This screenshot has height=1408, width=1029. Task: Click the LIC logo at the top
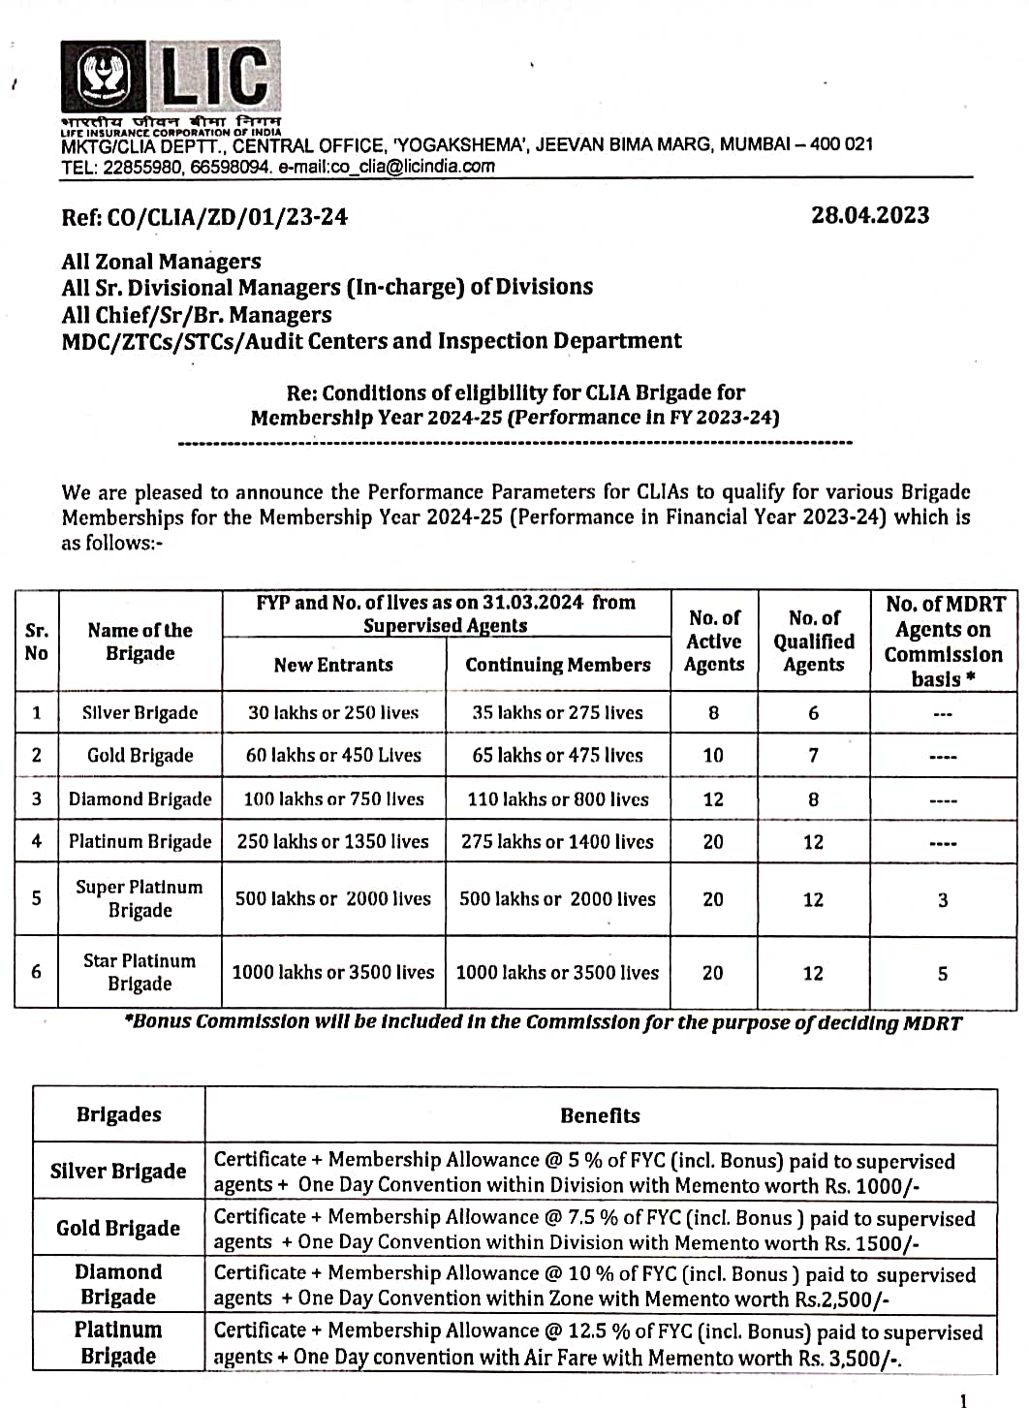tap(171, 78)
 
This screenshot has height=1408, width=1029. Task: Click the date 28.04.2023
tap(870, 215)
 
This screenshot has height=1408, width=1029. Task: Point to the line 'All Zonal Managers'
tap(161, 262)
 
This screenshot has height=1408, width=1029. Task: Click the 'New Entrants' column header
tap(333, 665)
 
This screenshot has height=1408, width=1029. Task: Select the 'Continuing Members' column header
tap(557, 665)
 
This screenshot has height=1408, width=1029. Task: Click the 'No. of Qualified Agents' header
tap(814, 641)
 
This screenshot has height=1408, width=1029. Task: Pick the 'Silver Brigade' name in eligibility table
tap(140, 712)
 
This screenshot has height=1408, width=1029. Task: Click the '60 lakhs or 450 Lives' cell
tap(333, 755)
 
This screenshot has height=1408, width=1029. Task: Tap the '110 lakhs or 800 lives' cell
tap(557, 798)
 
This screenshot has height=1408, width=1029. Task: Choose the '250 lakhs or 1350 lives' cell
tap(332, 841)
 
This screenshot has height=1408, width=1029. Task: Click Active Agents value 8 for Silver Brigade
tap(713, 712)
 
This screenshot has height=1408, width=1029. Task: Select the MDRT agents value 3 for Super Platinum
tap(943, 899)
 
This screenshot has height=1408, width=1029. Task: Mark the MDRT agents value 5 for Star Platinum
tap(943, 973)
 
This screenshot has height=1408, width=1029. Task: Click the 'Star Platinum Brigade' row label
tap(140, 972)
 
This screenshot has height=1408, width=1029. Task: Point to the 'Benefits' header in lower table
tap(600, 1115)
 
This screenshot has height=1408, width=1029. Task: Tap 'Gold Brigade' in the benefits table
tap(118, 1228)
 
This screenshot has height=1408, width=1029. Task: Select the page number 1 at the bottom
tap(962, 1399)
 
